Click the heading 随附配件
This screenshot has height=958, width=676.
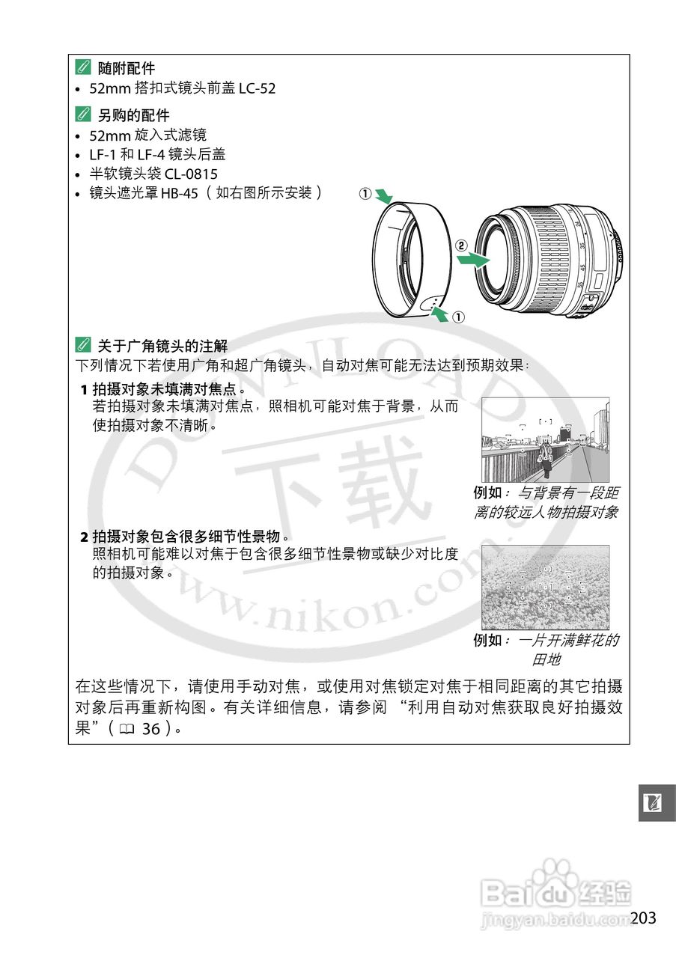(x=126, y=69)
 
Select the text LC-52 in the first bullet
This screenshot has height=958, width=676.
(x=257, y=88)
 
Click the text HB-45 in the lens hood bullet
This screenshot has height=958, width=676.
(x=179, y=193)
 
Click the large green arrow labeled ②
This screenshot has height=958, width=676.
(x=472, y=260)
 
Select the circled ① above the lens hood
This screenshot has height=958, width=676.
(x=365, y=194)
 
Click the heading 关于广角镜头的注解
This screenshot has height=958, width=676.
(x=162, y=346)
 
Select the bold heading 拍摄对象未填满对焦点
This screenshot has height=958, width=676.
(x=168, y=390)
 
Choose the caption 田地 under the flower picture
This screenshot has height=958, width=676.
(x=546, y=659)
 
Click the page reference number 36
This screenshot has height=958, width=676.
(x=150, y=728)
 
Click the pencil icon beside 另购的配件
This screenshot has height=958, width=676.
(x=82, y=115)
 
